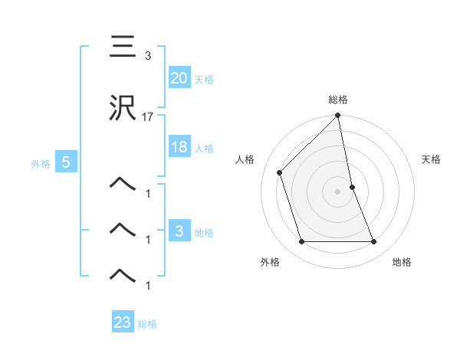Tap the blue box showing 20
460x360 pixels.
(x=179, y=77)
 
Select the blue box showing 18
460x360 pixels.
(x=179, y=147)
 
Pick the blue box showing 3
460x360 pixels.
(x=179, y=231)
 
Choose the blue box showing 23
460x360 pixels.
(x=123, y=322)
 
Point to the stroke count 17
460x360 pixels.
(x=148, y=118)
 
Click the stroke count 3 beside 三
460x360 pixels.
(x=147, y=57)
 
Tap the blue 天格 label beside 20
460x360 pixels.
(x=203, y=80)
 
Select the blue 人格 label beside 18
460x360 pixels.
(x=203, y=149)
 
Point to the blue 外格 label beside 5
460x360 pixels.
(x=41, y=163)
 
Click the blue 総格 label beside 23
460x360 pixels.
(x=147, y=324)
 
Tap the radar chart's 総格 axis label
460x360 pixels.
(x=338, y=100)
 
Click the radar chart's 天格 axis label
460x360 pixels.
(x=432, y=159)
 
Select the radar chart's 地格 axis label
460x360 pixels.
(x=402, y=262)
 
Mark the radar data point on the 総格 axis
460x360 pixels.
(x=338, y=116)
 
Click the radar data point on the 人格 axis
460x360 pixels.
(x=280, y=172)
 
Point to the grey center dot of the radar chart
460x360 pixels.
(x=338, y=191)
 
